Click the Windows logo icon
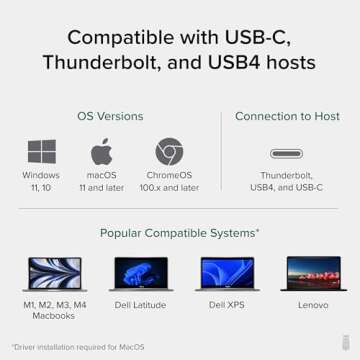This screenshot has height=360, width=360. pos(41,152)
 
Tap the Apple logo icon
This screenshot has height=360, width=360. pos(102,152)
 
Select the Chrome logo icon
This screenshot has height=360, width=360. pos(169,152)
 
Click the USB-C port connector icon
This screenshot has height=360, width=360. pos(288,154)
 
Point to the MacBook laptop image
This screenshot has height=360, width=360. pos(53,274)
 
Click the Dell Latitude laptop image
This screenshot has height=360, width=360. pos(140,273)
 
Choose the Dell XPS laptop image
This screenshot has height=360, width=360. pos(227,273)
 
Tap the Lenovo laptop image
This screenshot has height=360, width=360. pos(314,273)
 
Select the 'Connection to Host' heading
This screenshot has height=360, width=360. pos(288,116)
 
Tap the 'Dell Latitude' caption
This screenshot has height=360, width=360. pos(140,305)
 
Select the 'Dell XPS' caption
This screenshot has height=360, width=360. pos(227,305)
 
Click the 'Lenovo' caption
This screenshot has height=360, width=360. pos(314,305)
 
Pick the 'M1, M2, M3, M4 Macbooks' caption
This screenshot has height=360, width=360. pos(53,310)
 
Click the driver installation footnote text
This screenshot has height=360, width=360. pos(78,347)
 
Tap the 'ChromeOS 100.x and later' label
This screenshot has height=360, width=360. pos(169,181)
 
